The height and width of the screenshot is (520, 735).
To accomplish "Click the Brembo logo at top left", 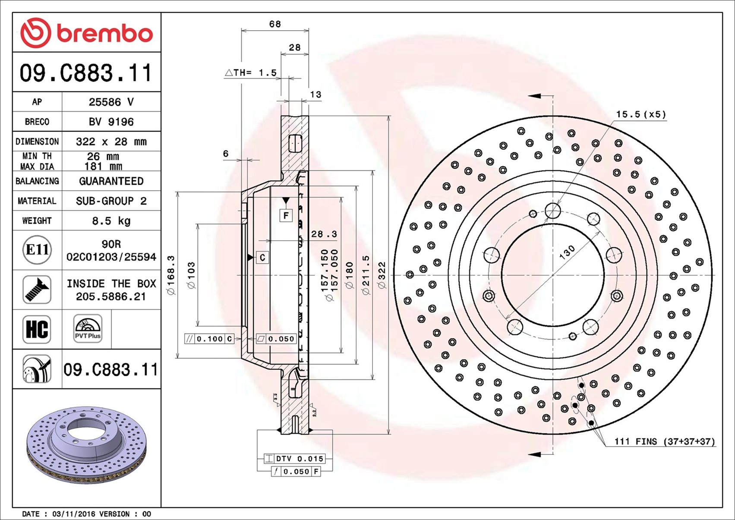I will [x=86, y=33].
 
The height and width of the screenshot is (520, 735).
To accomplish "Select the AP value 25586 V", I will [x=111, y=102].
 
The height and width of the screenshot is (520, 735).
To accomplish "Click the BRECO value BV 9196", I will [x=111, y=122].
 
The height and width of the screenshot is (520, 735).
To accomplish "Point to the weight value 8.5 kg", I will [x=111, y=221].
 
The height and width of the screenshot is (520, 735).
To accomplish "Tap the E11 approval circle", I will [x=37, y=250].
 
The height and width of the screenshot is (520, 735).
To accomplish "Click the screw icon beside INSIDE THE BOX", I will [x=37, y=290].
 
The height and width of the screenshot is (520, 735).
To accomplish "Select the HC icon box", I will [x=37, y=329].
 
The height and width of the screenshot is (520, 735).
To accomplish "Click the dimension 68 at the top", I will [x=275, y=24].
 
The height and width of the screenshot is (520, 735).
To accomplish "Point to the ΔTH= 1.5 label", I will [x=251, y=72].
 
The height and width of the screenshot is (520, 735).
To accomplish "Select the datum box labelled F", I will [x=286, y=215].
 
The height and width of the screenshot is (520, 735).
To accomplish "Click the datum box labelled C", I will [x=262, y=258].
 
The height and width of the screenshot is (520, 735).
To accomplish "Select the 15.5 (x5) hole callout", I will [x=641, y=114].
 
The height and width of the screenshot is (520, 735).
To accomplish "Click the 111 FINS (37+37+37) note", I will [x=664, y=441].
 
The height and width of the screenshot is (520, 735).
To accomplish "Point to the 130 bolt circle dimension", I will [x=567, y=252].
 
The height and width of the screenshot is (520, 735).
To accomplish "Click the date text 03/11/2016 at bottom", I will [x=69, y=514].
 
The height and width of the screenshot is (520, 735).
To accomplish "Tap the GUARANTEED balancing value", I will [x=111, y=181].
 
